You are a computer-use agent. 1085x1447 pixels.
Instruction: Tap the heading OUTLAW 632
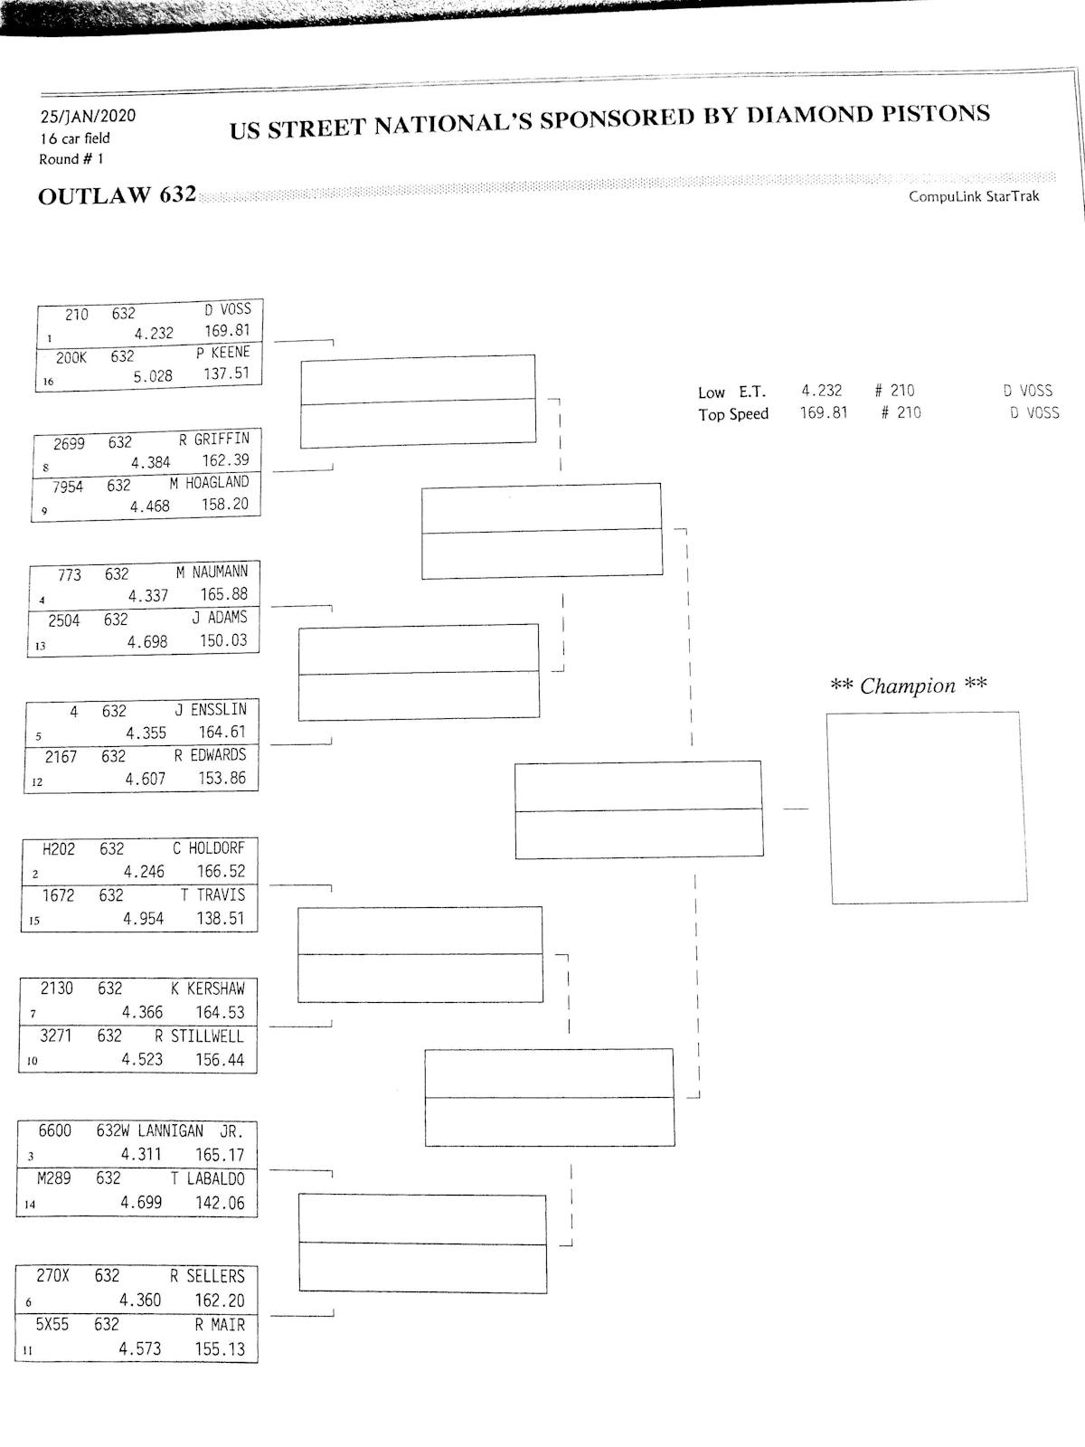pyautogui.click(x=117, y=195)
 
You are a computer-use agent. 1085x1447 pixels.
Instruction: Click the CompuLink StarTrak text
pyautogui.click(x=974, y=196)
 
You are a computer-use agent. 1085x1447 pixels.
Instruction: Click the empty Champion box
pyautogui.click(x=927, y=807)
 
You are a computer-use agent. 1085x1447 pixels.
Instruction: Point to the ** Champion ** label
pyautogui.click(x=908, y=686)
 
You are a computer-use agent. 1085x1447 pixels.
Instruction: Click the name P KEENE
pyautogui.click(x=222, y=352)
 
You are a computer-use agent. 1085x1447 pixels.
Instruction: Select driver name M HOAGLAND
pyautogui.click(x=209, y=483)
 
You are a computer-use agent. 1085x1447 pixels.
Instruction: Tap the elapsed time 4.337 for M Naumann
pyautogui.click(x=148, y=596)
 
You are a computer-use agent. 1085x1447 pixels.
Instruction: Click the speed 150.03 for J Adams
pyautogui.click(x=223, y=640)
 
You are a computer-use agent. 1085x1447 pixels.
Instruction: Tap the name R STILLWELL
pyautogui.click(x=199, y=1036)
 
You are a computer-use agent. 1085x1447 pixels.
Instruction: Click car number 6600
pyautogui.click(x=54, y=1130)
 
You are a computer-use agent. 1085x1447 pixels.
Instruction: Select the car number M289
pyautogui.click(x=53, y=1178)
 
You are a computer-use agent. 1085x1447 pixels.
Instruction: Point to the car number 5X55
pyautogui.click(x=52, y=1324)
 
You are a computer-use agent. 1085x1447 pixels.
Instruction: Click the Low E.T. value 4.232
pyautogui.click(x=821, y=391)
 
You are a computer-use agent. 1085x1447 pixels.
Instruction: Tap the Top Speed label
pyautogui.click(x=733, y=414)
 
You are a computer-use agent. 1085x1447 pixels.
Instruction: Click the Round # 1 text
pyautogui.click(x=71, y=159)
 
